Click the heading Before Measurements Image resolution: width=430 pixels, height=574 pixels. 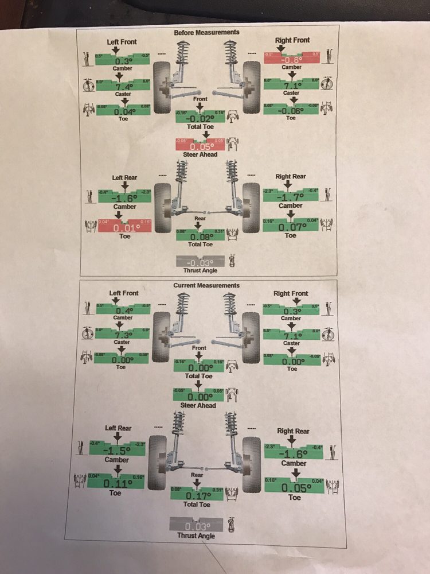(x=206, y=33)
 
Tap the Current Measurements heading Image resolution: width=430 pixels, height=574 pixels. (x=206, y=285)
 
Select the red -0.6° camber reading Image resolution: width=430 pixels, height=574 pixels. (x=291, y=60)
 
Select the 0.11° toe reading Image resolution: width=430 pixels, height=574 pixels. (x=118, y=484)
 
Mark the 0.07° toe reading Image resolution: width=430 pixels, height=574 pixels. (x=291, y=227)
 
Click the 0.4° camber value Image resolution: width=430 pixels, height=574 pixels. (x=123, y=311)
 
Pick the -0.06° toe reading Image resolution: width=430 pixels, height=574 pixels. (x=291, y=111)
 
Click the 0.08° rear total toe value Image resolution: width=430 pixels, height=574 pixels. (x=198, y=235)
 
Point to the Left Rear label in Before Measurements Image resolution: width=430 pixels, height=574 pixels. (x=126, y=178)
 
